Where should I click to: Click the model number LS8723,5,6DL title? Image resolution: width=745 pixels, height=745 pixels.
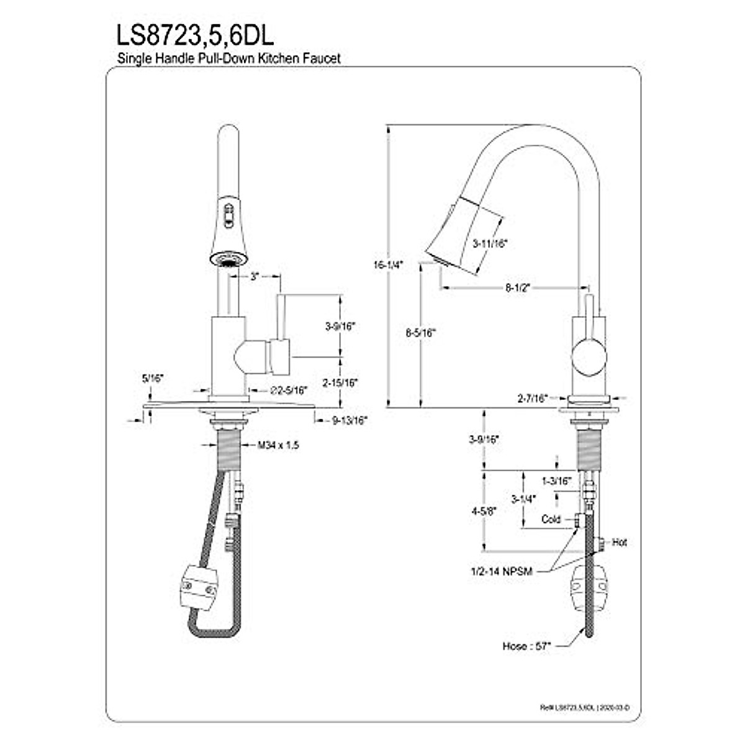[x=195, y=35]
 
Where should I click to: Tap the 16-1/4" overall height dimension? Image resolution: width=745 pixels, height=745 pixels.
[x=389, y=264]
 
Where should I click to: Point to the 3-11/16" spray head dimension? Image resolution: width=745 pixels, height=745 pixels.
[x=490, y=244]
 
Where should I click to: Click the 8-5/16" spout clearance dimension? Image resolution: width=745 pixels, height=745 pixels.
[x=421, y=333]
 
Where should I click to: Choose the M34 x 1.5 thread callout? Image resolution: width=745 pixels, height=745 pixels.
[x=278, y=445]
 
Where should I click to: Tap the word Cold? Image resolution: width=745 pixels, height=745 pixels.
[x=551, y=520]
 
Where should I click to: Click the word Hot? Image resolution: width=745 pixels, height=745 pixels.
[x=619, y=542]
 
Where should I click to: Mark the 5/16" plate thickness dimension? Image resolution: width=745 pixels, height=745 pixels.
[x=152, y=378]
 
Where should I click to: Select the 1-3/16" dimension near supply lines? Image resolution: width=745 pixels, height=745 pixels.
[x=556, y=481]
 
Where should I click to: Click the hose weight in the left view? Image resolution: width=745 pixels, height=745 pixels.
[x=199, y=585]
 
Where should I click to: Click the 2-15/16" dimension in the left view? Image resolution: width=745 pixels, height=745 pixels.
[x=340, y=383]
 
